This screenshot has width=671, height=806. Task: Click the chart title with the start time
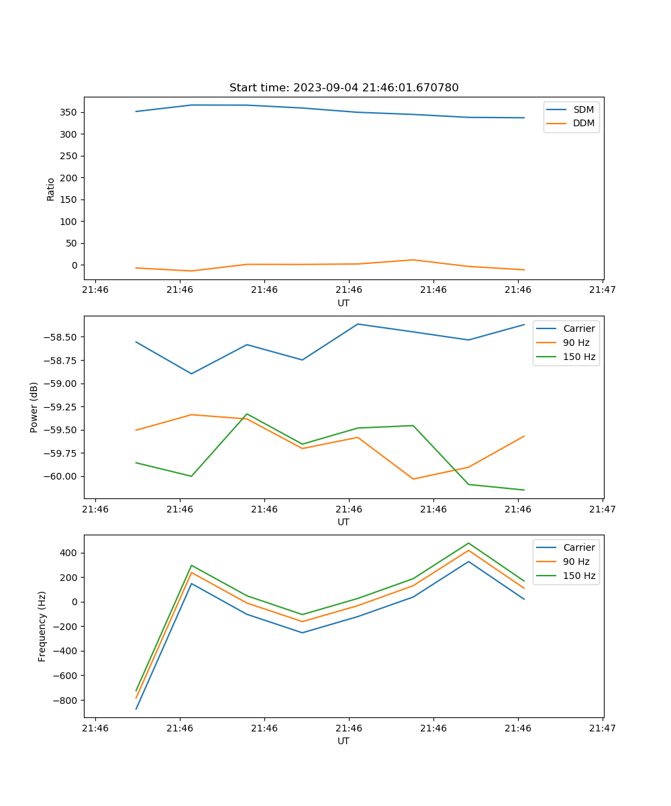(344, 88)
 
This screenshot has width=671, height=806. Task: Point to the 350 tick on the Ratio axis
(70, 112)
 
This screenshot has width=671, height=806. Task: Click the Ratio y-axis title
(51, 189)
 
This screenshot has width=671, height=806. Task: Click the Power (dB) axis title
(34, 407)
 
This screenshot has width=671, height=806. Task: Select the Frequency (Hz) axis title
(42, 626)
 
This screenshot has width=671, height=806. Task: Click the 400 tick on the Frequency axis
(70, 553)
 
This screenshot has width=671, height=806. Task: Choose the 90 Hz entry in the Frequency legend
(576, 562)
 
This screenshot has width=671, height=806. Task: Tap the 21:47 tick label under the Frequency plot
(602, 727)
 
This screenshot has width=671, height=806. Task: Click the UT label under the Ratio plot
(344, 303)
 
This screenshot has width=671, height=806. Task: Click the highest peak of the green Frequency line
(468, 543)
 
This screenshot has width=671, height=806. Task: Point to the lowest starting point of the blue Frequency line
(136, 709)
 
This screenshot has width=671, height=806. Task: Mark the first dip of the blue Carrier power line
(191, 373)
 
